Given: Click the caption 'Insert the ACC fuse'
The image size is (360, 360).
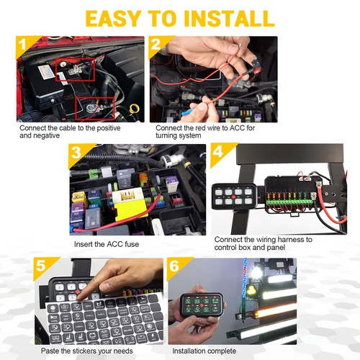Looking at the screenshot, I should [x=106, y=244].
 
